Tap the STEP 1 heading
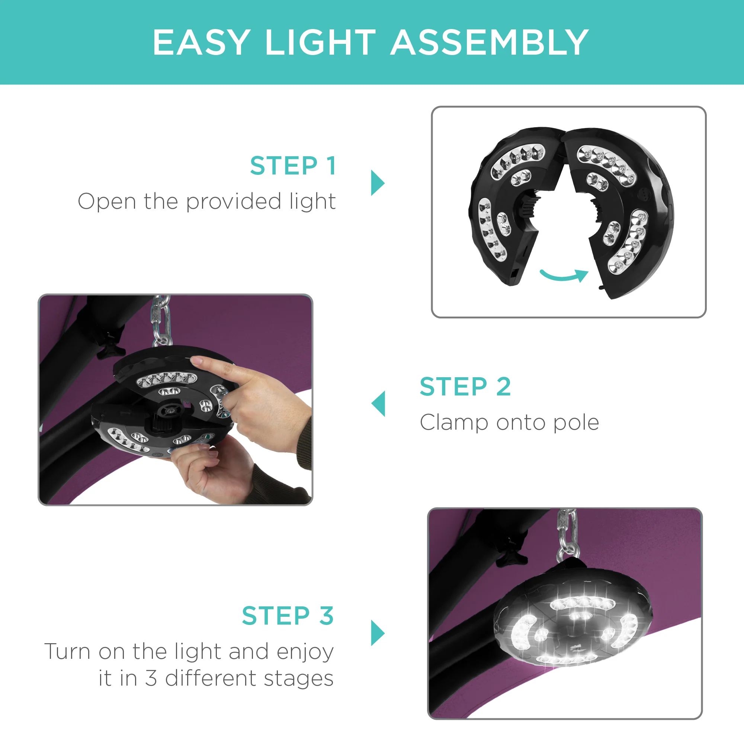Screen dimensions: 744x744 click(x=293, y=166)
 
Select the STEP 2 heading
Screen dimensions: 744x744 click(x=465, y=387)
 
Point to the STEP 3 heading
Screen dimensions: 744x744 click(x=288, y=616)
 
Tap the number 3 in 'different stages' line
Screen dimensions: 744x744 click(x=151, y=678)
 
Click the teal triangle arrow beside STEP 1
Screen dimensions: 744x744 click(x=376, y=183)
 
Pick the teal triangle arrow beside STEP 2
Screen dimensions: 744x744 click(x=379, y=404)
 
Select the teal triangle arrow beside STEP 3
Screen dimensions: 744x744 click(x=376, y=633)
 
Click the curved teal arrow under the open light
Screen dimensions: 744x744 click(x=564, y=275)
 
